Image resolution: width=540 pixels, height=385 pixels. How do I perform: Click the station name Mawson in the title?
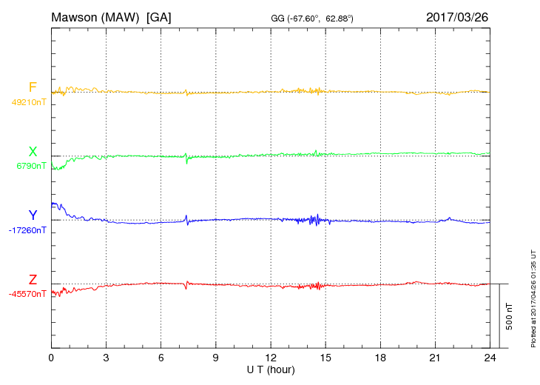coord(74,16)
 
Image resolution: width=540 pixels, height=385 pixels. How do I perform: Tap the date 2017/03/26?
coord(456,16)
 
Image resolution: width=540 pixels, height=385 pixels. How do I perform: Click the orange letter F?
coord(33,87)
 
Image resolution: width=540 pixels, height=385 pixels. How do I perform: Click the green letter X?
coord(33,152)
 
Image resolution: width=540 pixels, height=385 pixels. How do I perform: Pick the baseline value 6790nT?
coord(31,166)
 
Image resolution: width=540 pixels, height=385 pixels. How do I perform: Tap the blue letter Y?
coord(33,215)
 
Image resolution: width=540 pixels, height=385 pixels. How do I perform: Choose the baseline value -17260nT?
coord(28,230)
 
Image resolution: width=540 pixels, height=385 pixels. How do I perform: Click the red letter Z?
coord(33,280)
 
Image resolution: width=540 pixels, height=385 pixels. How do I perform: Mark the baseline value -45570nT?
coord(28,294)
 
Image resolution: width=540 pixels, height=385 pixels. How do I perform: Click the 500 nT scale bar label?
coord(510,316)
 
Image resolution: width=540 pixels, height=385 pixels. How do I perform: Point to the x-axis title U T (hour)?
coord(271,369)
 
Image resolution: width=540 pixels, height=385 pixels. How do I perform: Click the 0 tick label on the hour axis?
coord(51,358)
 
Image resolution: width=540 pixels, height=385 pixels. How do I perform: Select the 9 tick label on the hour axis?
coord(215,358)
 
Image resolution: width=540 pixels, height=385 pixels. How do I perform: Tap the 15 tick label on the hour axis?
coord(325,358)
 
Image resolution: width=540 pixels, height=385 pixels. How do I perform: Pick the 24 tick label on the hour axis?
coord(490,358)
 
